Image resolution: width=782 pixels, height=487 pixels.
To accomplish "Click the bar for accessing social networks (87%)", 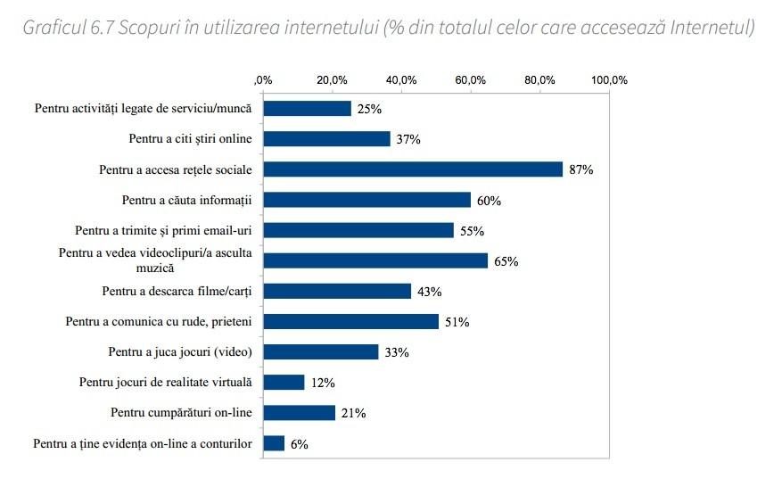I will tap(412, 169).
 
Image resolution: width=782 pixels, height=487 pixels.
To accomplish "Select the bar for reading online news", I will tap(326, 139).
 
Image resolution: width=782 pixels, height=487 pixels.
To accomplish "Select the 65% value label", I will tap(506, 261).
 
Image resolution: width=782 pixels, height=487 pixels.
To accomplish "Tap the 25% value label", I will tap(369, 109).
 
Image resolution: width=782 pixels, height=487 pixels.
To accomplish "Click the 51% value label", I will tap(457, 322).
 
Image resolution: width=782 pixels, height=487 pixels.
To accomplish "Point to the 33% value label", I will tap(397, 352).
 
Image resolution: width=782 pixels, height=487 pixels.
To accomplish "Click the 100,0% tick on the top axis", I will tap(610, 80).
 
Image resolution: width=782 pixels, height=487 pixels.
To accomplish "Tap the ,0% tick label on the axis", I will tap(263, 80).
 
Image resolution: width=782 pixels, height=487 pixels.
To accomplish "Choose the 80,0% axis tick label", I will tap(539, 80).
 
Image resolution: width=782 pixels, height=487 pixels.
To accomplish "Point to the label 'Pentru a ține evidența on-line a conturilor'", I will tap(143, 443).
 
